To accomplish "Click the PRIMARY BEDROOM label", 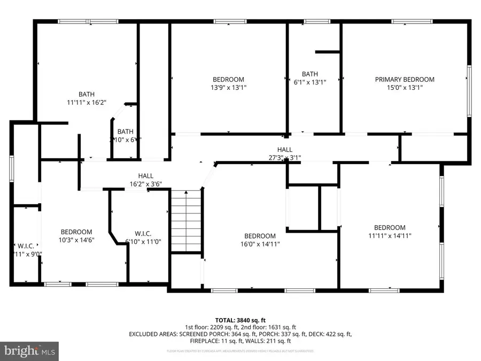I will tap(404, 80).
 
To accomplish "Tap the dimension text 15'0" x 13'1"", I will tap(404, 88).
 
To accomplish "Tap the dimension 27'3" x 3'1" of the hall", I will tap(284, 158).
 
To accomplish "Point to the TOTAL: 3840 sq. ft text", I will tap(240, 319).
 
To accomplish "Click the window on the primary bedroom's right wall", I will tap(469, 90).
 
